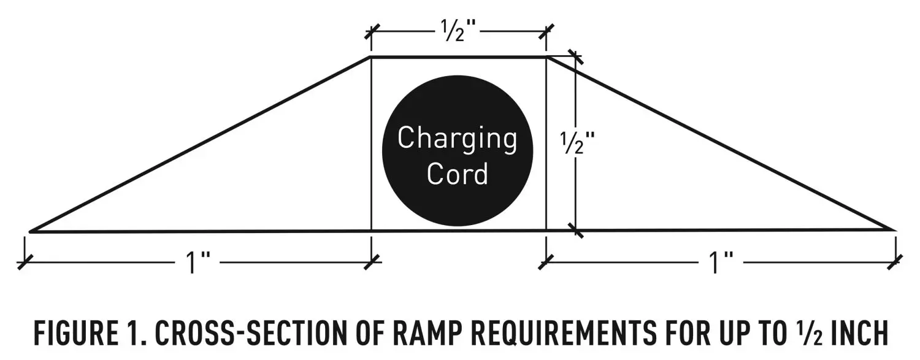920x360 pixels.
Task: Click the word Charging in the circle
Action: point(457,139)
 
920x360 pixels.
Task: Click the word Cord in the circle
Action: point(457,174)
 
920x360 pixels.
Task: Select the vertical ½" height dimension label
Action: point(577,144)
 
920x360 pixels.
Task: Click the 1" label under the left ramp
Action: point(197,264)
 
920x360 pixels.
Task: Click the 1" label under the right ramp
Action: point(721,264)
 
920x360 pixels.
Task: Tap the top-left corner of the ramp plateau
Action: point(371,57)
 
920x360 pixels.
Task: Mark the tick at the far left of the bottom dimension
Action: point(25,262)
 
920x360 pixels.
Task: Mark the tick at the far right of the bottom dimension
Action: point(896,262)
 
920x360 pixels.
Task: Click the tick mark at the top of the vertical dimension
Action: point(575,57)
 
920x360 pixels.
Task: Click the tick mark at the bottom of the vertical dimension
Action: point(575,231)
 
